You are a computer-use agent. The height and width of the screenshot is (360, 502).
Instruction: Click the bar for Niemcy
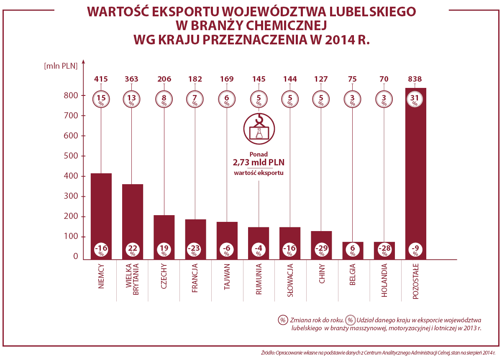click(x=101, y=209)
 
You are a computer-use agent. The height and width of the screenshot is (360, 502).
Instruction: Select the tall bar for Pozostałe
click(x=415, y=176)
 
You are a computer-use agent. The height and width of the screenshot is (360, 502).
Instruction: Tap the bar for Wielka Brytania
click(x=133, y=213)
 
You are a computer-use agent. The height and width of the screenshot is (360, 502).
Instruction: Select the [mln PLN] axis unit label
click(x=61, y=66)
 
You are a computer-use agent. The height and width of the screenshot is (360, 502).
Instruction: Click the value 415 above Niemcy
click(x=101, y=79)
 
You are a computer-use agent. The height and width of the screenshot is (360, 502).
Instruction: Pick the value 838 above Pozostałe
click(x=415, y=79)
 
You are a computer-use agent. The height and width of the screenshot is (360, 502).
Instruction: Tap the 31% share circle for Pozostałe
click(x=415, y=99)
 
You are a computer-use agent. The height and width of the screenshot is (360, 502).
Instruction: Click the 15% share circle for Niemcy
click(x=101, y=99)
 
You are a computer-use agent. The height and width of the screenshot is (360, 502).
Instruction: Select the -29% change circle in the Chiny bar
click(x=321, y=249)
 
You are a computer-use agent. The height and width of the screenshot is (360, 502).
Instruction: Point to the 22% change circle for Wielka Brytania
click(x=133, y=249)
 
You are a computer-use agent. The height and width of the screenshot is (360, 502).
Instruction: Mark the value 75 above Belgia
click(x=353, y=79)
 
